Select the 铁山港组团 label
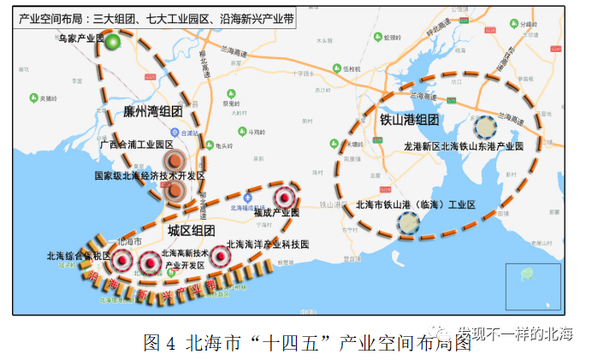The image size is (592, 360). click(x=409, y=120)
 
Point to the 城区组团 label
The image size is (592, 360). click(x=191, y=231)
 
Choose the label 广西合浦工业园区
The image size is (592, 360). click(x=136, y=145)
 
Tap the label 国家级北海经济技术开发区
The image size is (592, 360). click(x=151, y=175)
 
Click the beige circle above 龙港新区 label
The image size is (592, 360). click(x=486, y=127)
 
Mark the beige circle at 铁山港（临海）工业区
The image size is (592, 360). click(x=409, y=223)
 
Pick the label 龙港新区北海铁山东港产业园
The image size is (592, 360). click(x=475, y=147)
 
